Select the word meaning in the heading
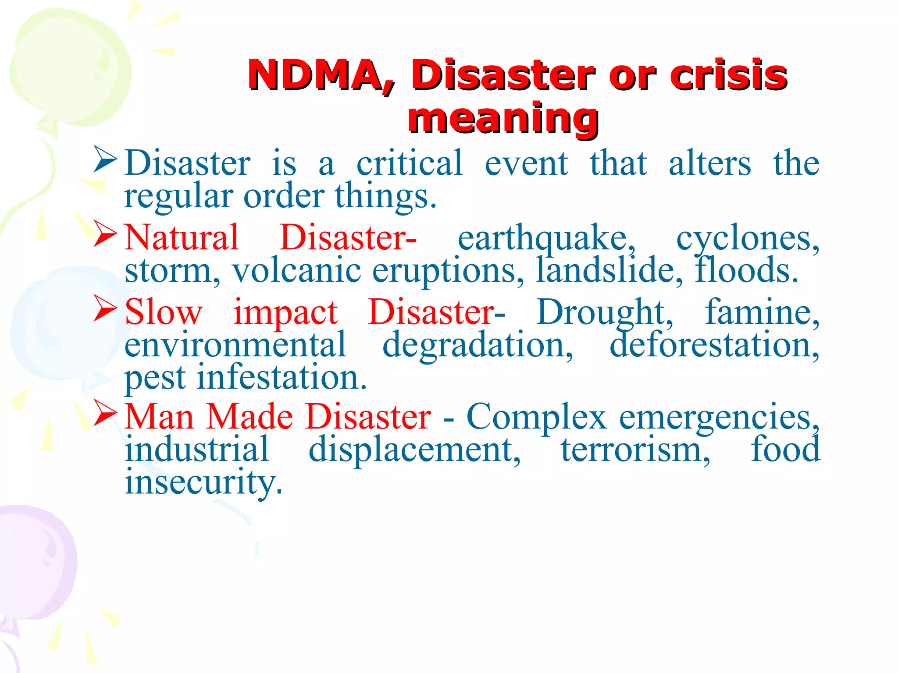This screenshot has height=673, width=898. point(503,118)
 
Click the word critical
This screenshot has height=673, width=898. point(409,163)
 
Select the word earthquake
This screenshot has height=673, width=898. point(546,238)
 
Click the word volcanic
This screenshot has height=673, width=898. point(296,270)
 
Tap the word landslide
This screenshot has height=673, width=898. point(609,270)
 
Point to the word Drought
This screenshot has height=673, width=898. point(605,313)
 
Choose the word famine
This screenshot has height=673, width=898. point(762,312)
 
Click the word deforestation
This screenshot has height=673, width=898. point(714,345)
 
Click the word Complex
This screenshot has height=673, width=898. point(536,417)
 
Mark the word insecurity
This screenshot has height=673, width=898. point(203,482)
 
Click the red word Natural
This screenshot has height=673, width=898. point(182,237)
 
